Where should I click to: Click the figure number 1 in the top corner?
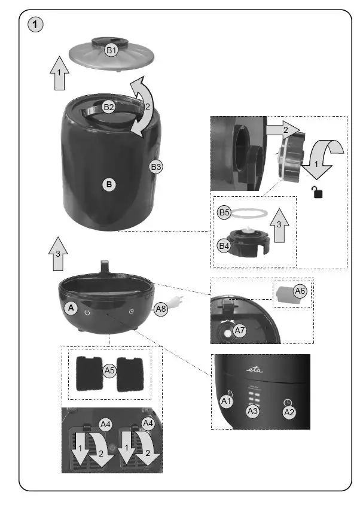(x=36, y=25)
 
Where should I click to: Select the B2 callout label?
(x=109, y=107)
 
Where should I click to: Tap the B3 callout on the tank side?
(x=155, y=168)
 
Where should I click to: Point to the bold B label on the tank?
(x=109, y=185)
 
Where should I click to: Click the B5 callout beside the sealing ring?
(x=224, y=212)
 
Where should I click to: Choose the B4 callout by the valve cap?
(x=224, y=245)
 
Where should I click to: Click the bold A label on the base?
(x=71, y=308)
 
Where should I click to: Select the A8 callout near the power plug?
(x=160, y=309)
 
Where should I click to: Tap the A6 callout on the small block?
(x=300, y=291)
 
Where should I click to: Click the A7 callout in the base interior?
(x=240, y=330)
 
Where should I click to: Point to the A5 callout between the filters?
(x=109, y=371)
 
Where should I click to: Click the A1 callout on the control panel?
(x=227, y=401)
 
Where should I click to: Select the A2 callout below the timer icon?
(x=289, y=412)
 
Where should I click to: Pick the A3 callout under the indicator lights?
(x=254, y=411)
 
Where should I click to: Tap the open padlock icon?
(x=315, y=192)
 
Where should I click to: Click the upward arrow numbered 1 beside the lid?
(x=60, y=74)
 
